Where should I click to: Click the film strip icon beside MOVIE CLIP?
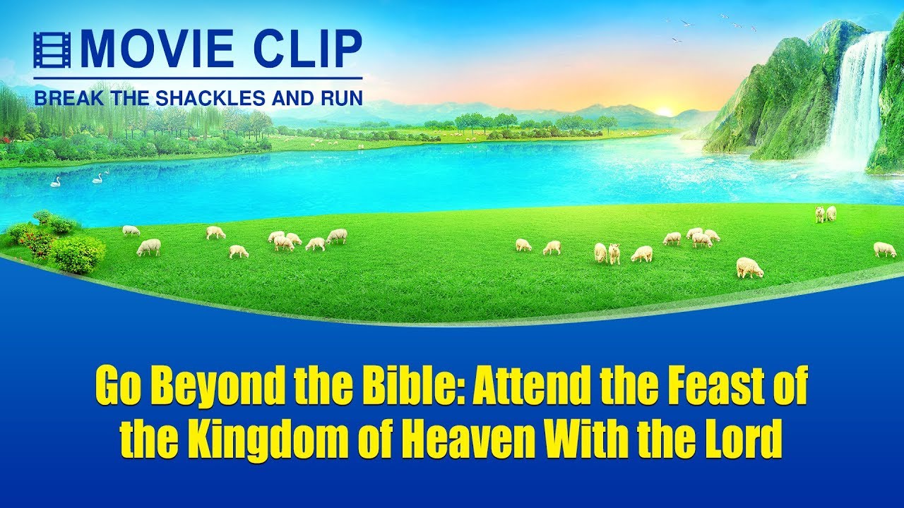click(52, 49)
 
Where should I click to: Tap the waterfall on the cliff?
click(855, 101)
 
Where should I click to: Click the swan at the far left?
click(55, 182)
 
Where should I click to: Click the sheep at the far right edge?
click(885, 250)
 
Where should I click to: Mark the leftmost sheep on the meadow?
click(131, 231)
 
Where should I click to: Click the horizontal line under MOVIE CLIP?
click(198, 78)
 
